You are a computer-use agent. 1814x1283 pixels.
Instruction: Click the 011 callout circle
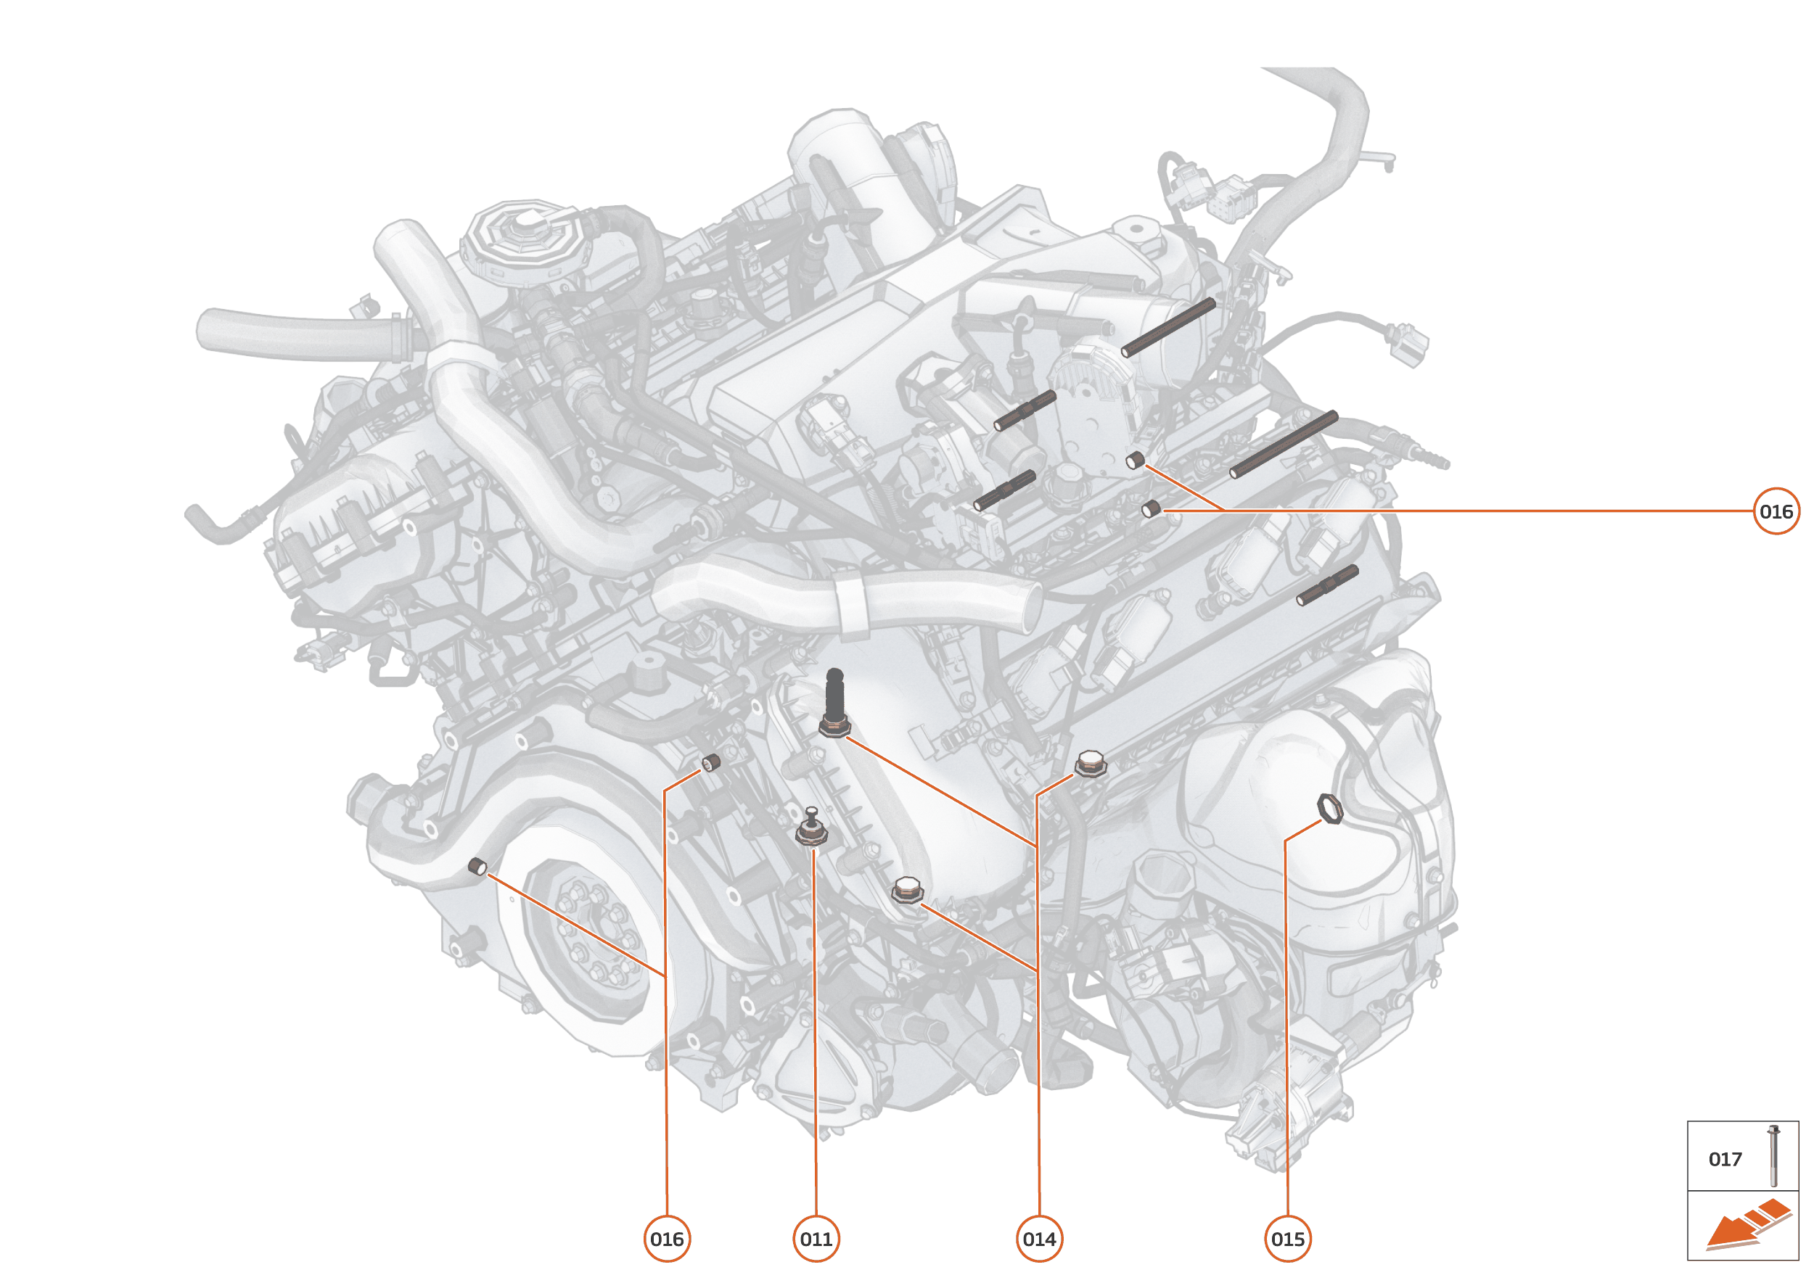point(816,1239)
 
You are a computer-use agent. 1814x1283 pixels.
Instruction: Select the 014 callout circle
point(1038,1239)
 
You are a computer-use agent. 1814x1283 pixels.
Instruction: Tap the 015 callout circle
point(1288,1239)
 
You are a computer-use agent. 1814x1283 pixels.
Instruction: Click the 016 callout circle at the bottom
point(666,1239)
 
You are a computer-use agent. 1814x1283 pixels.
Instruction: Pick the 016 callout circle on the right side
point(1776,511)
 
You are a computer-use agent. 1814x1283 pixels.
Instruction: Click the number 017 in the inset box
point(1725,1159)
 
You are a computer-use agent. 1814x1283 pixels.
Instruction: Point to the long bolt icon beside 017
point(1773,1156)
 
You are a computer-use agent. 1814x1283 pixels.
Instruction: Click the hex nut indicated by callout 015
point(1330,809)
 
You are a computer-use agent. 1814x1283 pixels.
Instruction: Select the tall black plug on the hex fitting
point(834,696)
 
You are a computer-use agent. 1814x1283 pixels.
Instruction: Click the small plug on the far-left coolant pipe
point(477,867)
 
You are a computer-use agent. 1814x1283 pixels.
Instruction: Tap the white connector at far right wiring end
point(1408,344)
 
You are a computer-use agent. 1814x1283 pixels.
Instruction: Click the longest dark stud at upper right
point(1283,444)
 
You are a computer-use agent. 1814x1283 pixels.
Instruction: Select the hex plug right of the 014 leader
point(1090,763)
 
